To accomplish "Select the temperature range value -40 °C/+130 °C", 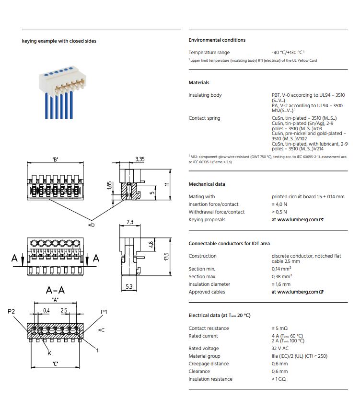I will tap(288, 53).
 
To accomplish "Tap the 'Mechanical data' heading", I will tap(207, 184).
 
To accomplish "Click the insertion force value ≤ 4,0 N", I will tap(279, 204).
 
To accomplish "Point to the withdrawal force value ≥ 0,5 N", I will tap(279, 212).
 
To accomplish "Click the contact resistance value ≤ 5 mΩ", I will tap(279, 328).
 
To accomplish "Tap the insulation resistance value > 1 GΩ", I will tap(279, 379).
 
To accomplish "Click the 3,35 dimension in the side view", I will tap(140, 159).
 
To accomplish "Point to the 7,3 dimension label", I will tap(130, 222).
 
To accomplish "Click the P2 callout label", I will tap(12, 312).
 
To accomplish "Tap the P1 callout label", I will tap(104, 312).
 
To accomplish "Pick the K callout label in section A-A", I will tap(49, 353).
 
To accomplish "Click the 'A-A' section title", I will tap(56, 290).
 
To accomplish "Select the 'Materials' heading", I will tap(199, 83).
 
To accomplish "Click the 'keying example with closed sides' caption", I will tap(59, 41).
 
